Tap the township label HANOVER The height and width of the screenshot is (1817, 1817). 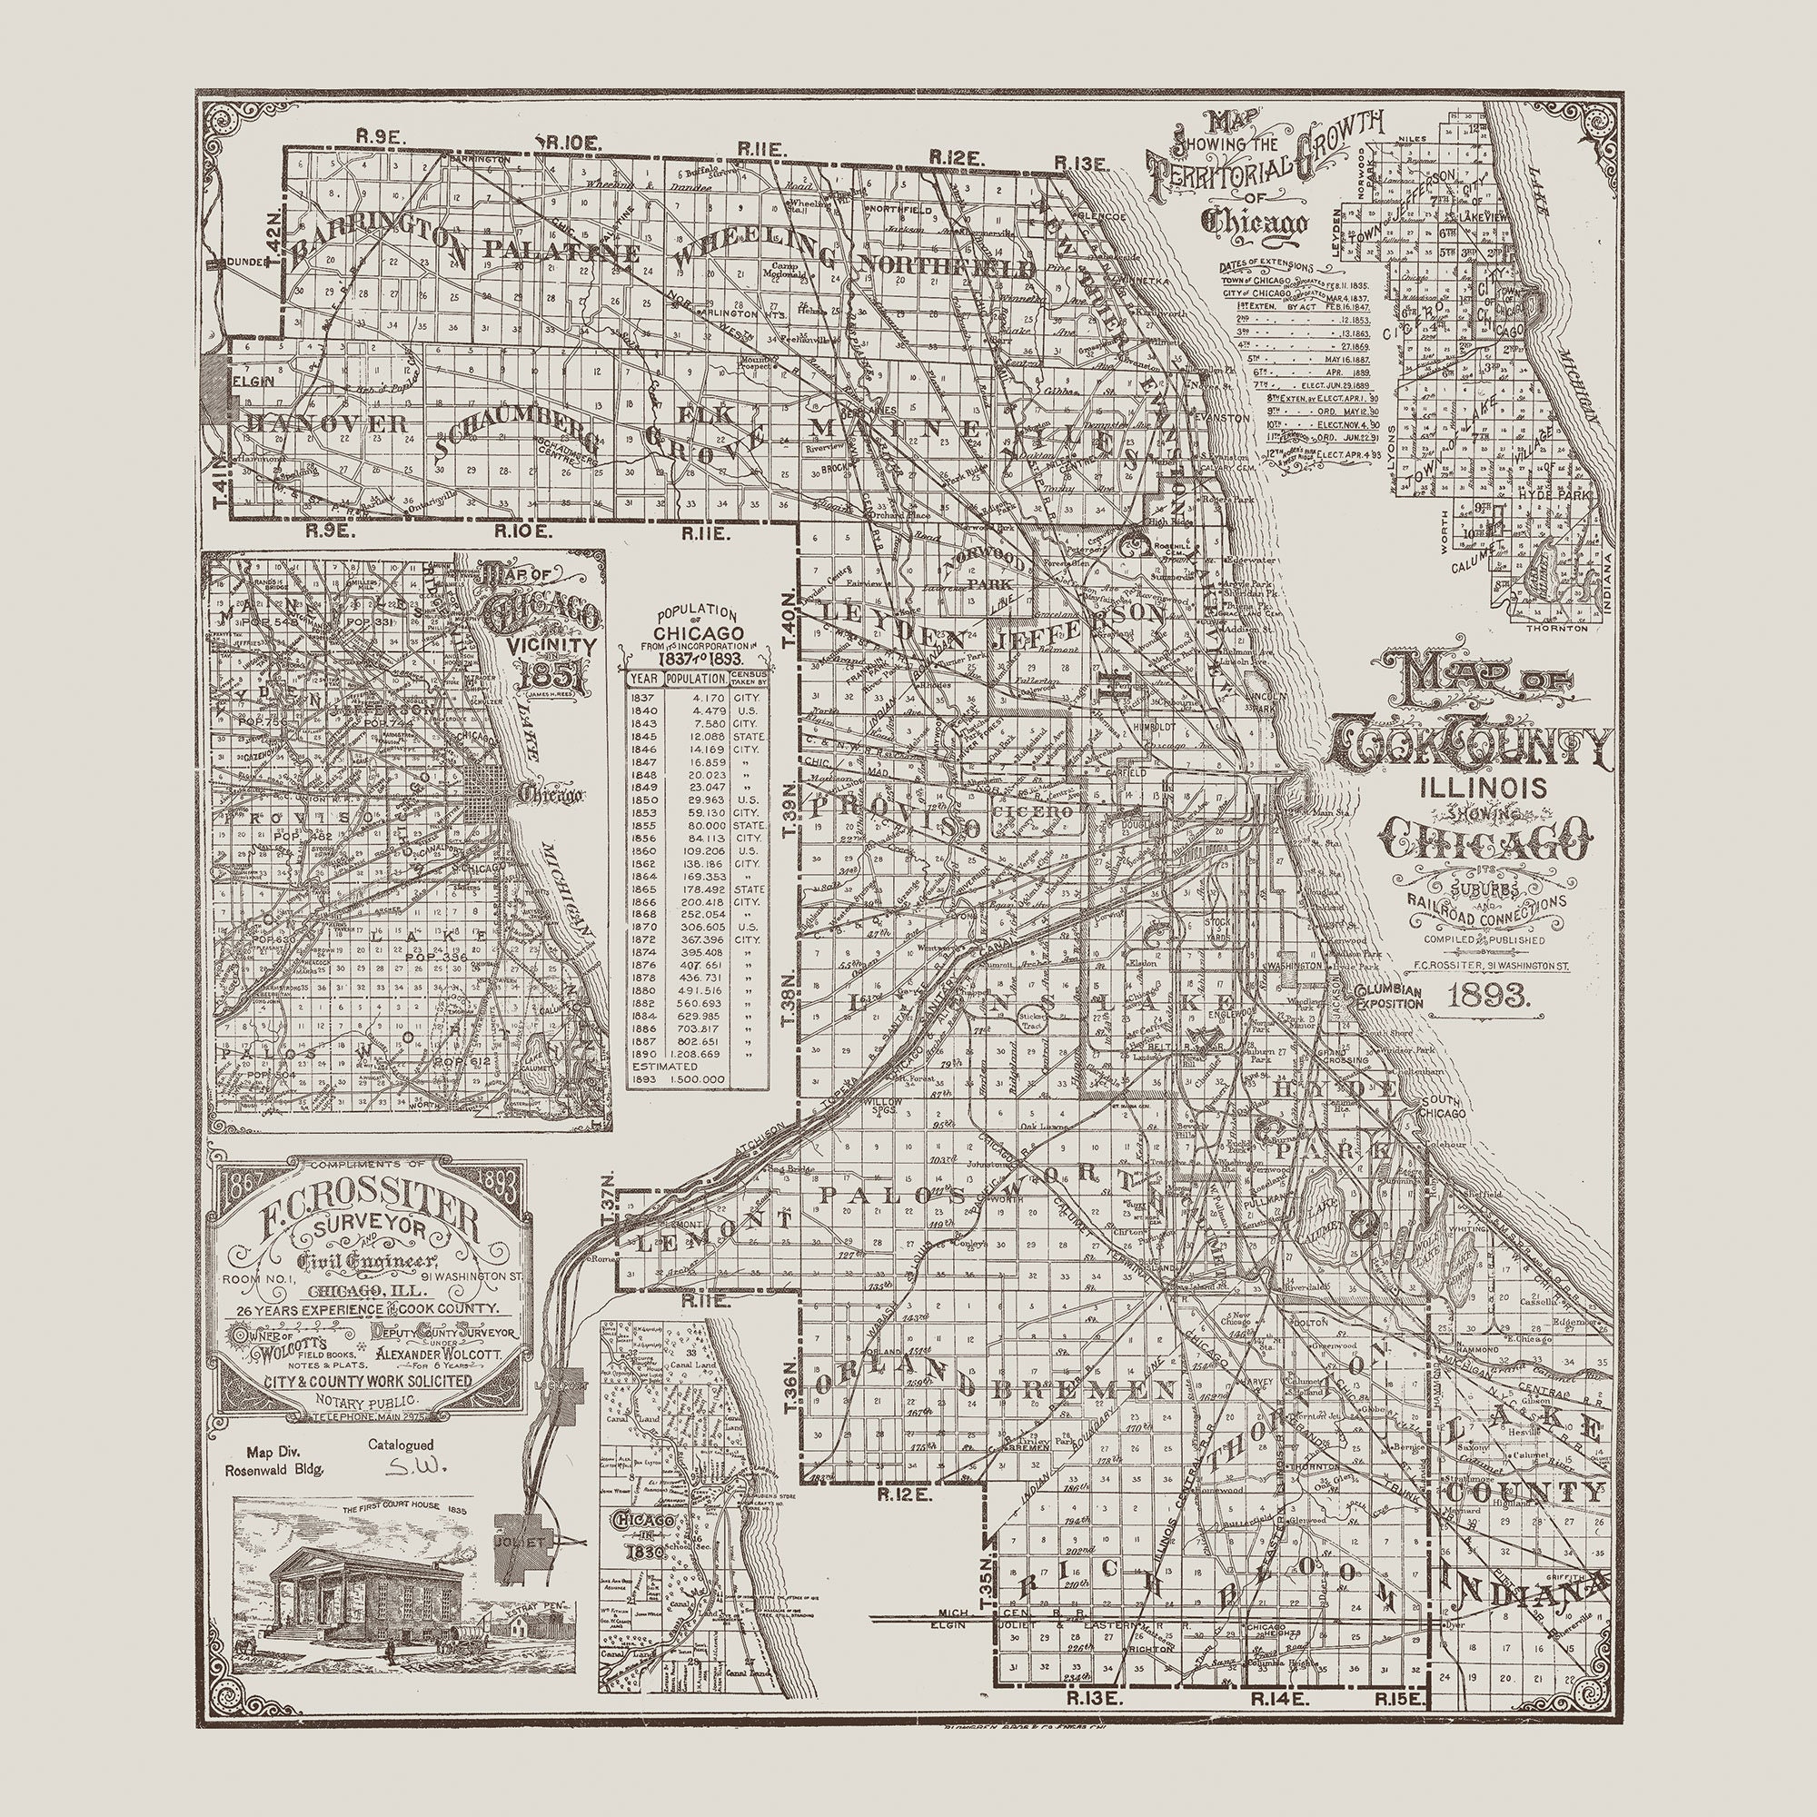323,423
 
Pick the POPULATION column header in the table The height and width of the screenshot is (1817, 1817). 692,677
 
